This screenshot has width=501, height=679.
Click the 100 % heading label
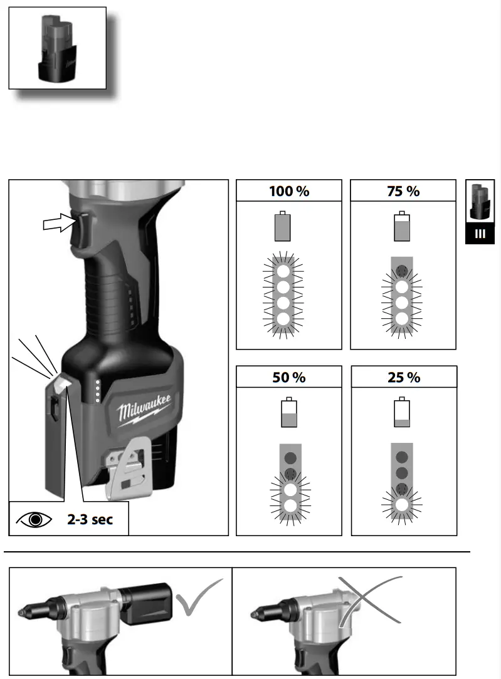click(289, 191)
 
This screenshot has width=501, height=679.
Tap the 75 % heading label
click(403, 191)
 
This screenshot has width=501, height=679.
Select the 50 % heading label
click(289, 377)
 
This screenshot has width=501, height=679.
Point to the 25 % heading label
click(404, 377)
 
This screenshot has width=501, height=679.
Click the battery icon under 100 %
click(283, 227)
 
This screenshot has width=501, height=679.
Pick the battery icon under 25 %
click(402, 413)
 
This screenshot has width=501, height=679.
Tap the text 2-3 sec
click(90, 519)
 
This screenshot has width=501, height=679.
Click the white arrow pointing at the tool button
click(56, 223)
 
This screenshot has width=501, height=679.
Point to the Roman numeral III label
click(480, 234)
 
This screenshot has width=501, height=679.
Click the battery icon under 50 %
click(288, 413)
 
